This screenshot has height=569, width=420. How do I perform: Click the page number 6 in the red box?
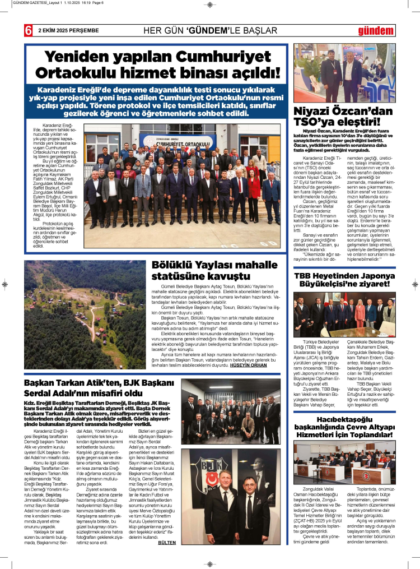(x=27, y=30)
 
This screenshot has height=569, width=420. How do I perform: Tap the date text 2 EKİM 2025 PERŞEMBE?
(x=68, y=30)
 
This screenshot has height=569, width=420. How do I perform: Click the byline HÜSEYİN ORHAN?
(x=261, y=364)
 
